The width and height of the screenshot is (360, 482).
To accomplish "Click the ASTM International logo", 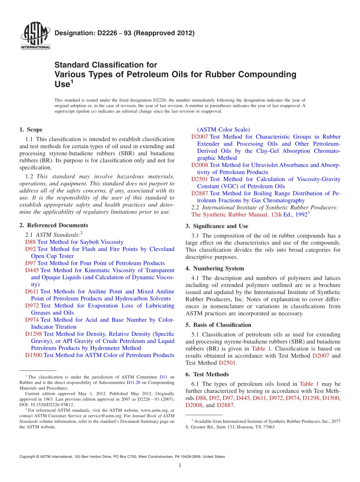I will click(35, 36).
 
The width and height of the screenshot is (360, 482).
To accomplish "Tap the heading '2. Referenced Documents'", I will click(54, 225).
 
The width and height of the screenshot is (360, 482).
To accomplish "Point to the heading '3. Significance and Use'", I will click(217, 226).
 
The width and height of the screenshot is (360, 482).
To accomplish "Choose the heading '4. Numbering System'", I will click(214, 269).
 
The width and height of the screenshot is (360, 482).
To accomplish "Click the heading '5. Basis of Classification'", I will click(218, 325).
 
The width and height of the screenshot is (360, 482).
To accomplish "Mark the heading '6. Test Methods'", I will click(207, 374).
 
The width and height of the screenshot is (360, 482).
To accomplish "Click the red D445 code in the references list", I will click(32, 270).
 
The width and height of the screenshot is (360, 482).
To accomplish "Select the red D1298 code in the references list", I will click(33, 334).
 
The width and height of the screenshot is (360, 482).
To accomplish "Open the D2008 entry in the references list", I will click(199, 165).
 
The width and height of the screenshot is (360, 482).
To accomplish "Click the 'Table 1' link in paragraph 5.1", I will click(261, 349).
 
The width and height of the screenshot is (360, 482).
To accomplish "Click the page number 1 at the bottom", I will click(180, 466).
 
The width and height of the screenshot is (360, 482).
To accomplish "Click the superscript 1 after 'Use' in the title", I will click(72, 81).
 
